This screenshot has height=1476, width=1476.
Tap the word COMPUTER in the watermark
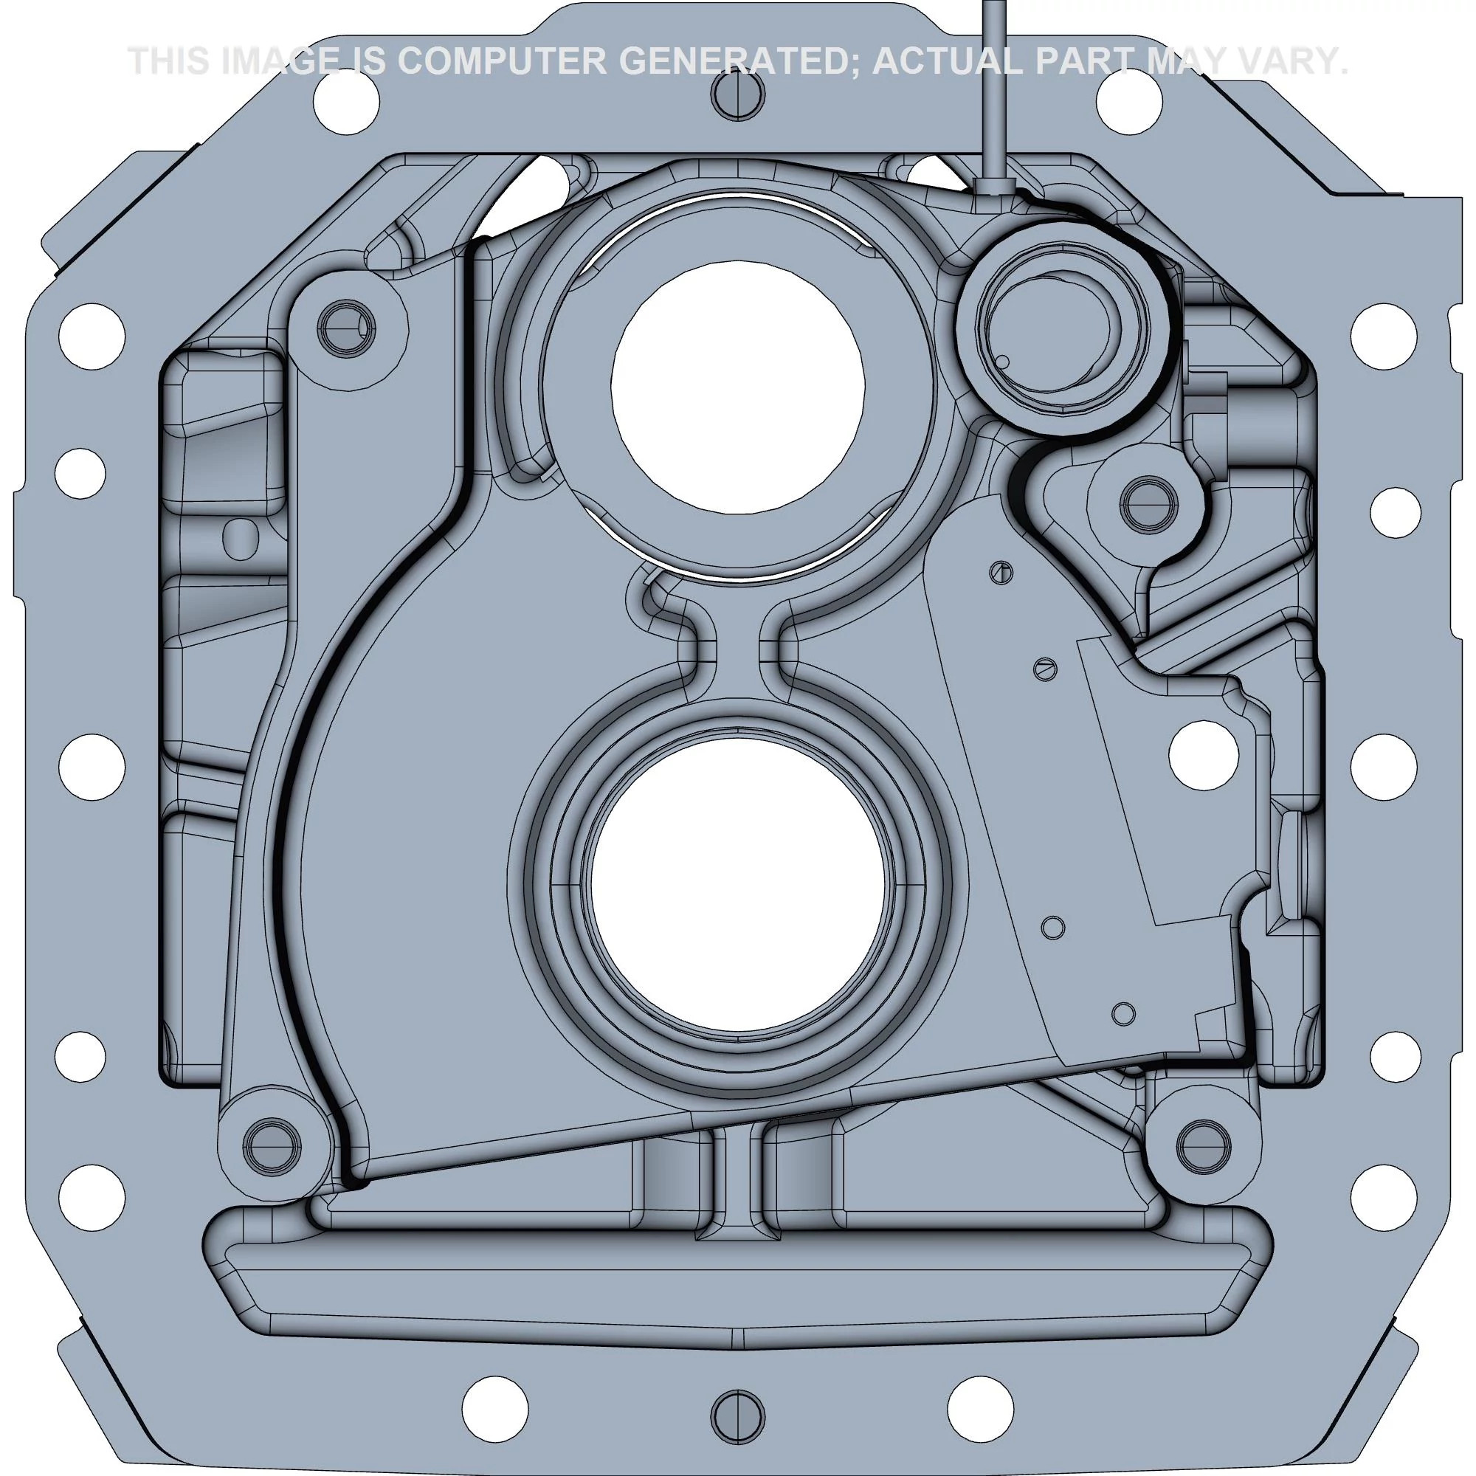click(504, 61)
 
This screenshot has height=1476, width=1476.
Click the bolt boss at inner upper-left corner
click(347, 330)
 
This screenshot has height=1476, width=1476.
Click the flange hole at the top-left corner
click(345, 100)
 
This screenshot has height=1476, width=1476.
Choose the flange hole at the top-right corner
click(1129, 100)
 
